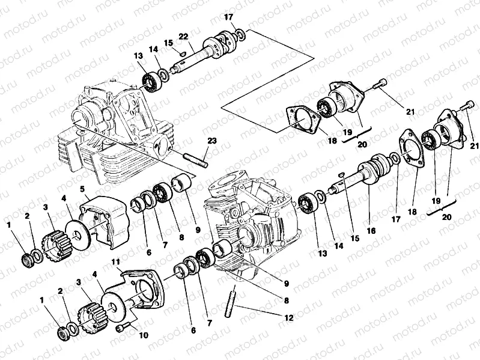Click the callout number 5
[x=83, y=190]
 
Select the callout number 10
[x=143, y=335]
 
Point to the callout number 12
[x=289, y=318]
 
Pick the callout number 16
[x=371, y=231]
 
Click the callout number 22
[x=183, y=37]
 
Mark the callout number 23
[x=211, y=141]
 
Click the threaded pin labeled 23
[x=195, y=161]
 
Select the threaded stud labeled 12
[x=231, y=301]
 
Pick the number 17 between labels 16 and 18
[x=396, y=219]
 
